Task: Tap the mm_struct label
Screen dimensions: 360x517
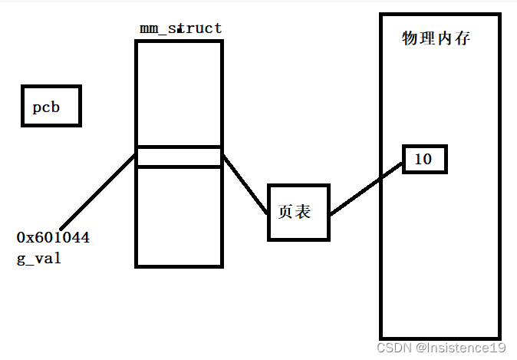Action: [180, 28]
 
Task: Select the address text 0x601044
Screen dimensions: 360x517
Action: [53, 238]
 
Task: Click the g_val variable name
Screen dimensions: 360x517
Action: [38, 259]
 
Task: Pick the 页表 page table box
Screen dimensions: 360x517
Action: [298, 213]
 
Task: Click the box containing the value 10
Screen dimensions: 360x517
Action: [423, 160]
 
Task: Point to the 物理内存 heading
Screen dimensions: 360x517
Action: [436, 38]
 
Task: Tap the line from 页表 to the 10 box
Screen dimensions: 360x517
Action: [367, 190]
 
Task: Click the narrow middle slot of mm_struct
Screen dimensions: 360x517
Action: [179, 157]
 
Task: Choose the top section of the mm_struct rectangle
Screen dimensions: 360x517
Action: [179, 93]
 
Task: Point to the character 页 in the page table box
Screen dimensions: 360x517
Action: [285, 213]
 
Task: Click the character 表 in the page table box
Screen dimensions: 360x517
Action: [304, 213]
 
